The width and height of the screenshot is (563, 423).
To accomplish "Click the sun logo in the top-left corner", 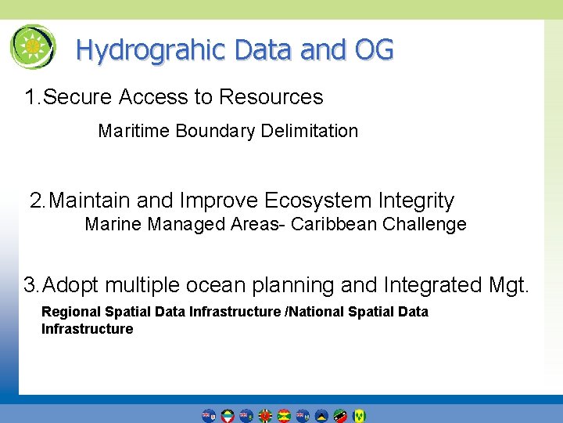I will point(33,47).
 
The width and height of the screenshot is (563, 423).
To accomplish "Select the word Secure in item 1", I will point(77,97).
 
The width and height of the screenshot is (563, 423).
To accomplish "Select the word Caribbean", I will point(334,225).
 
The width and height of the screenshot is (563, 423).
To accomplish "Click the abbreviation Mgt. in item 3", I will point(507,284).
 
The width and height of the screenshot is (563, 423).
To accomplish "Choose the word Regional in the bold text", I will point(70,312).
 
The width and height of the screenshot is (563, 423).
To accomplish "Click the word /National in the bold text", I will point(317,312).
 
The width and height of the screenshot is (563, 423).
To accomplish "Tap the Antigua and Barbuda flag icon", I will point(228,415).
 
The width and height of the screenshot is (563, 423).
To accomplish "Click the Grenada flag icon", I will point(284,415).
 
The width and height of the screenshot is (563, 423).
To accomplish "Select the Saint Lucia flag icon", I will point(321,415).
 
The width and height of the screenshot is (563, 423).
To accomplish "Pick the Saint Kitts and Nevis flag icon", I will point(340,415).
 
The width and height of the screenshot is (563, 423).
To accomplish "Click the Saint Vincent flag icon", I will point(359,415).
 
